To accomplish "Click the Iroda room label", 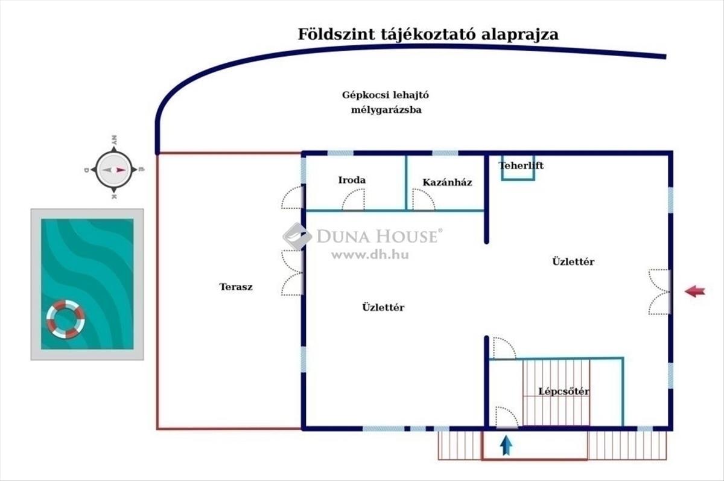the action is pyautogui.click(x=352, y=180).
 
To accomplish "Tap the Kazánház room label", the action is pyautogui.click(x=447, y=183).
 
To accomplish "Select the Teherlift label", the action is pyautogui.click(x=521, y=166).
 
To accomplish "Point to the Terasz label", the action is pyautogui.click(x=236, y=287).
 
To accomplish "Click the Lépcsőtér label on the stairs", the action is pyautogui.click(x=564, y=392).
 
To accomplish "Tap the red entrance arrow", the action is pyautogui.click(x=695, y=291).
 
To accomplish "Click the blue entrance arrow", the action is pyautogui.click(x=506, y=445).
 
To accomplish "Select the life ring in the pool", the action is pyautogui.click(x=66, y=319).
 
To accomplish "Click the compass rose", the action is pyautogui.click(x=114, y=170).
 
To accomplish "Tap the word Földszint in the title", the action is pyautogui.click(x=336, y=34).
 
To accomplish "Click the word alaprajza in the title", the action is pyautogui.click(x=520, y=35).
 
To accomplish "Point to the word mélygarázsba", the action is pyautogui.click(x=386, y=110).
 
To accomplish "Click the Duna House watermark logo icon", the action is pyautogui.click(x=297, y=237).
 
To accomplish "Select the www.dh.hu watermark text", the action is pyautogui.click(x=370, y=255).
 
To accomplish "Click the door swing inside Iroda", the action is pyautogui.click(x=354, y=199).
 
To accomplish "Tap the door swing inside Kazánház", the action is pyautogui.click(x=424, y=199).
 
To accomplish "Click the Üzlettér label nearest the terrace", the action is pyautogui.click(x=383, y=307).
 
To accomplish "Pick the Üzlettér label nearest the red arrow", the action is pyautogui.click(x=573, y=261).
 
